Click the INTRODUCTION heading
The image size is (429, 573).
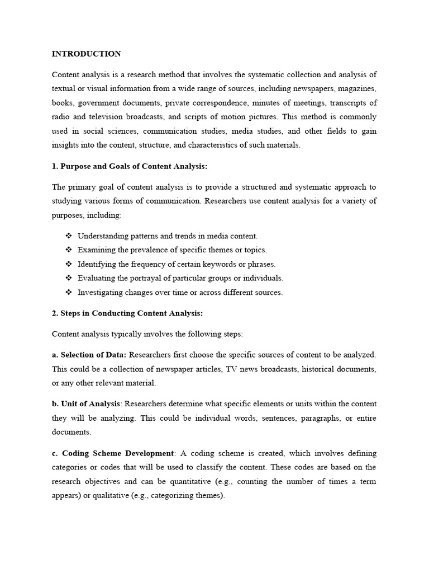pyautogui.click(x=86, y=54)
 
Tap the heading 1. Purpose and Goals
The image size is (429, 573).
pyautogui.click(x=129, y=166)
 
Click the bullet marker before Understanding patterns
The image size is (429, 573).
pyautogui.click(x=69, y=236)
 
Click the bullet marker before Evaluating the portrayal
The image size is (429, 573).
pyautogui.click(x=69, y=278)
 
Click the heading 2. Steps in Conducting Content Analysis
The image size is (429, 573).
pyautogui.click(x=127, y=313)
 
